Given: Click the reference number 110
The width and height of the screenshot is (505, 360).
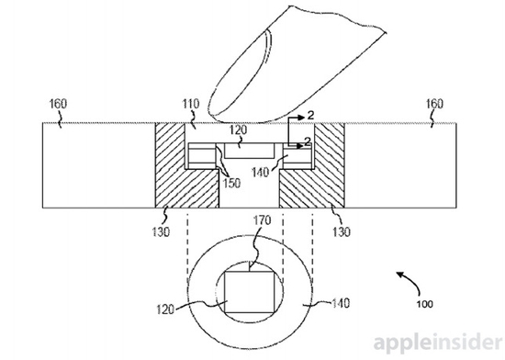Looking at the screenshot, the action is pyautogui.click(x=191, y=104).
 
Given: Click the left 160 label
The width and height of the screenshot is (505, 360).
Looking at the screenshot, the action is pyautogui.click(x=58, y=104).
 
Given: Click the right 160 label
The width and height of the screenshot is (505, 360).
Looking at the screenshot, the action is pyautogui.click(x=435, y=104).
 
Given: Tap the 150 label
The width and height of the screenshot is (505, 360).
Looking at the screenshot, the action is pyautogui.click(x=231, y=183).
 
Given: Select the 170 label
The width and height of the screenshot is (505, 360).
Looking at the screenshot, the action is pyautogui.click(x=262, y=220).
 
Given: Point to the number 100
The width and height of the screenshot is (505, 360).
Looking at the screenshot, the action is pyautogui.click(x=425, y=304).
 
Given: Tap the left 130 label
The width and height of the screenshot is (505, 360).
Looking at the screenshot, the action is pyautogui.click(x=161, y=231).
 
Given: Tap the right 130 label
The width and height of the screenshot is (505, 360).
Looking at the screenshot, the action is pyautogui.click(x=341, y=231).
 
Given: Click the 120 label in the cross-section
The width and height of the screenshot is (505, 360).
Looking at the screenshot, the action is pyautogui.click(x=239, y=129).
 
